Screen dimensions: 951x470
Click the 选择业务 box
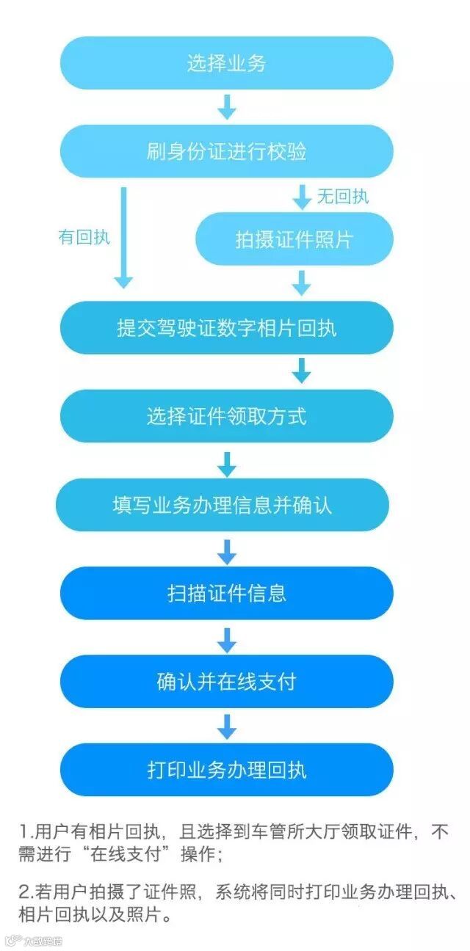pyautogui.click(x=226, y=64)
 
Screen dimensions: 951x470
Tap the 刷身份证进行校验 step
pyautogui.click(x=226, y=152)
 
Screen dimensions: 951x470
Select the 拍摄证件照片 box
pyautogui.click(x=294, y=239)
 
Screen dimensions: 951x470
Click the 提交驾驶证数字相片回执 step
pyautogui.click(x=226, y=327)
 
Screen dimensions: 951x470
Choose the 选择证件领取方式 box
pyautogui.click(x=226, y=416)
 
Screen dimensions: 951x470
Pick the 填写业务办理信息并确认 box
pyautogui.click(x=223, y=505)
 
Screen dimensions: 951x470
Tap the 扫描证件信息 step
pyautogui.click(x=226, y=593)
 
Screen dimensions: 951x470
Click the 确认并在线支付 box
pyautogui.click(x=226, y=682)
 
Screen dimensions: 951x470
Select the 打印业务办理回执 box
pyautogui.click(x=226, y=770)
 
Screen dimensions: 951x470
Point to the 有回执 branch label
pyautogui.click(x=84, y=237)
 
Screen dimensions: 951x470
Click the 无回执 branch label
pyautogui.click(x=342, y=197)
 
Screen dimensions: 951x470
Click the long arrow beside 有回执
pyautogui.click(x=124, y=237)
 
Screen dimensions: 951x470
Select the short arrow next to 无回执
pyautogui.click(x=302, y=196)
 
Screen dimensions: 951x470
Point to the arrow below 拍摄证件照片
pyautogui.click(x=301, y=283)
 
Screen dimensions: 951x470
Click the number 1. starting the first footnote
pyautogui.click(x=27, y=832)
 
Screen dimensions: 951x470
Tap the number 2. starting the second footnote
pyautogui.click(x=27, y=892)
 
